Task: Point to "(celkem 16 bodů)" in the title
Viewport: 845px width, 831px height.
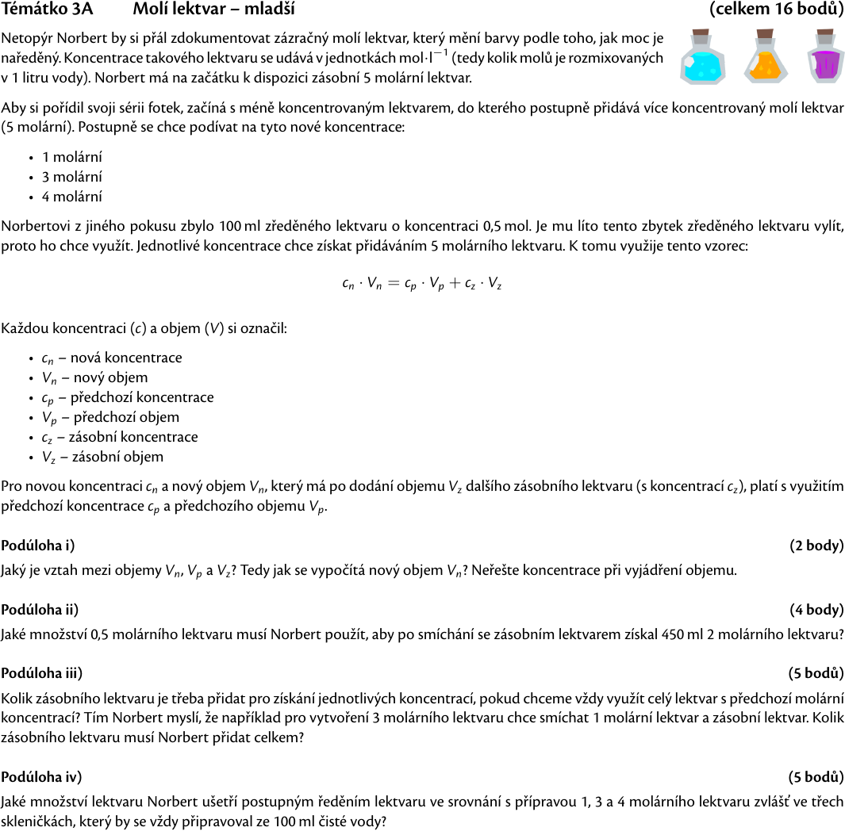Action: pyautogui.click(x=777, y=10)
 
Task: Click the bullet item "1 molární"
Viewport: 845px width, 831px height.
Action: pyautogui.click(x=72, y=157)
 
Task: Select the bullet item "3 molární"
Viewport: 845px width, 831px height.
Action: pyautogui.click(x=72, y=177)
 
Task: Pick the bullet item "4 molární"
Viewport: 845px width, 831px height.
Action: pyautogui.click(x=72, y=197)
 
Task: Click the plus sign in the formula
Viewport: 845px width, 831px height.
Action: pyautogui.click(x=455, y=284)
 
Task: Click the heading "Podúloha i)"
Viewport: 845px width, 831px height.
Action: pyautogui.click(x=38, y=545)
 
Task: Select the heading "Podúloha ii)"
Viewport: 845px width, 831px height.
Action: pyautogui.click(x=40, y=609)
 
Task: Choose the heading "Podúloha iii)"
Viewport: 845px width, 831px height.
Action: pyautogui.click(x=42, y=673)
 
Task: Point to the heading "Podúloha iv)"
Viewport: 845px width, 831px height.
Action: pyautogui.click(x=41, y=776)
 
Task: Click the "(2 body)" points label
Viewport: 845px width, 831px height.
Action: pyautogui.click(x=816, y=545)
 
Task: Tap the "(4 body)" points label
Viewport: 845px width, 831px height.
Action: pyautogui.click(x=816, y=609)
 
